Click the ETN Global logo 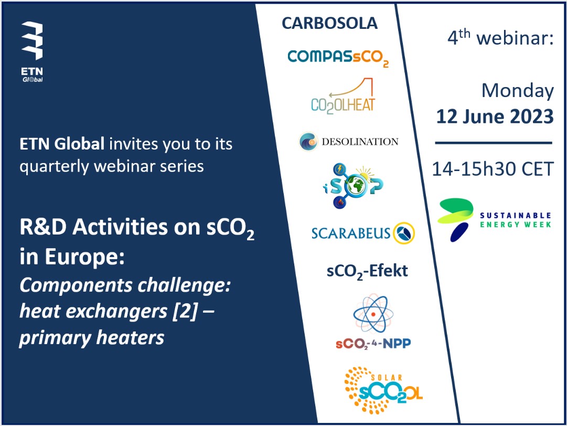coord(32,52)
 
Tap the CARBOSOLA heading coord(329,24)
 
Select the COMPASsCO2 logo coord(338,58)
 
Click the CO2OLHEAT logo coord(343,96)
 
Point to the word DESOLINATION coord(360,142)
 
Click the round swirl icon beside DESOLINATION coord(308,142)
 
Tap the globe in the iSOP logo coord(356,186)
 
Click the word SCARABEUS coord(351,233)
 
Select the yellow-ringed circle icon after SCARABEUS coord(404,233)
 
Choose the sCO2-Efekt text coord(367,271)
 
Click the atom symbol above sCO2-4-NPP coord(373,314)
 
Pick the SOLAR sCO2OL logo coord(383,390)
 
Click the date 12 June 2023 coord(495,116)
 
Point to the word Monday coord(518,91)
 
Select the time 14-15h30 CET coord(493,169)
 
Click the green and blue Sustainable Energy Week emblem coord(455,219)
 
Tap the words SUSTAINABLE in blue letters coord(515,216)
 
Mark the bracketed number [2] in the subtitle coord(185,311)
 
